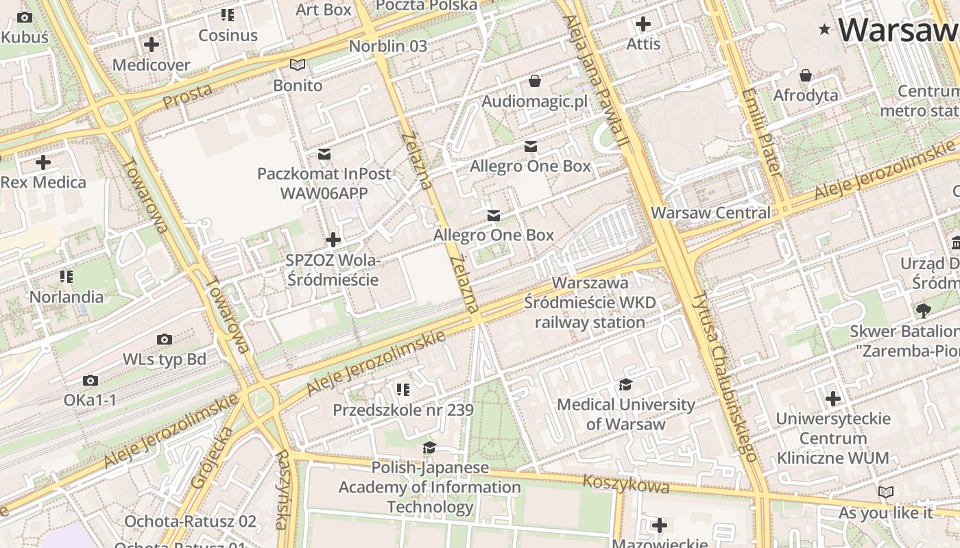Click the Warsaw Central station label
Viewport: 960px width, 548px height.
710,212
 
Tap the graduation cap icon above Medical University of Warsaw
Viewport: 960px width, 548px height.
625,384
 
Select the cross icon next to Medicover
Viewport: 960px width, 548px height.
152,45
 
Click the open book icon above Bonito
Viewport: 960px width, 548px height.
298,65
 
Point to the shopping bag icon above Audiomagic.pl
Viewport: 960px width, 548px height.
535,82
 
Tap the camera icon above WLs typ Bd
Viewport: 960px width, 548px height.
165,339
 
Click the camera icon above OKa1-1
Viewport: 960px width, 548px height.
91,380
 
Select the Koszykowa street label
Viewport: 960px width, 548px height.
625,484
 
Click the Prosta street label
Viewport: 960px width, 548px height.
187,95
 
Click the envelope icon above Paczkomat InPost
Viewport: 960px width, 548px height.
324,153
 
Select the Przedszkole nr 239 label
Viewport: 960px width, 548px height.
403,410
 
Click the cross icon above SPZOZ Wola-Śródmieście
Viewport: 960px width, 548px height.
333,240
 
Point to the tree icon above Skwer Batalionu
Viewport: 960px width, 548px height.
923,311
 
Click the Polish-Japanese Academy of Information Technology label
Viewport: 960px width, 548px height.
430,487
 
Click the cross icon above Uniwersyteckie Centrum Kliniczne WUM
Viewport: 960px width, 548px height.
833,398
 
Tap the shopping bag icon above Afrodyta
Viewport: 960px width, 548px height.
806,75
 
